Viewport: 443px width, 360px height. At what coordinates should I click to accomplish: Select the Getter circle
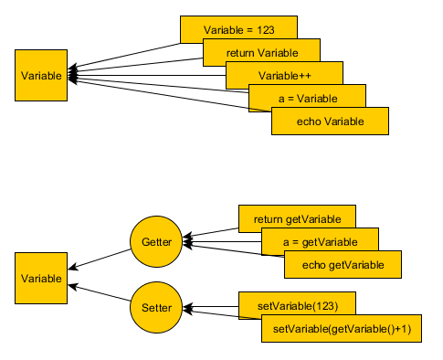(156, 242)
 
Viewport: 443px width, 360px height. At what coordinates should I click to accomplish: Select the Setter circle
(156, 308)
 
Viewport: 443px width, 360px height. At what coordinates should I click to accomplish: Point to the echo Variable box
(331, 121)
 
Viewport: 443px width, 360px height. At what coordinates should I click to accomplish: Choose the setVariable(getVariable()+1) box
(341, 328)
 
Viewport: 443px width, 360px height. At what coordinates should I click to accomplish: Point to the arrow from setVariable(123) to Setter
(212, 307)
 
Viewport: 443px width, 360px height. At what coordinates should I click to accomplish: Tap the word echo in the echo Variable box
(309, 121)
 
